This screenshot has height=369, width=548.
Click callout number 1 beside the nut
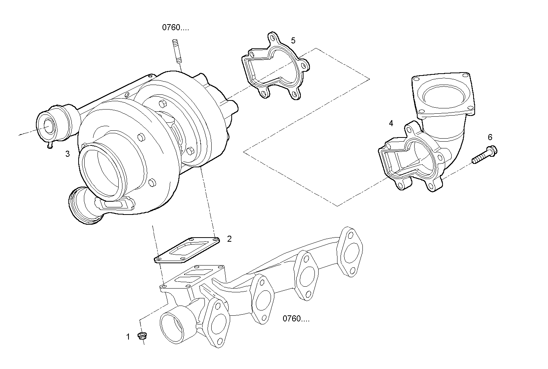pos(128,337)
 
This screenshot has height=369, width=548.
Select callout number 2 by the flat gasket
pos(229,239)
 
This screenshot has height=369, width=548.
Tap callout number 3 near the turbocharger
pos(68,154)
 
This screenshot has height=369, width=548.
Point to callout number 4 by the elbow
pos(391,123)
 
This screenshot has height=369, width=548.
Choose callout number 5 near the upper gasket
pos(293,40)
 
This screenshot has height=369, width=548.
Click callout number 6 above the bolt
pos(490,137)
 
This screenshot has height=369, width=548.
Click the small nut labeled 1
pos(142,335)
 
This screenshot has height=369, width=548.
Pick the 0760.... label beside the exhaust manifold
pos(296,319)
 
